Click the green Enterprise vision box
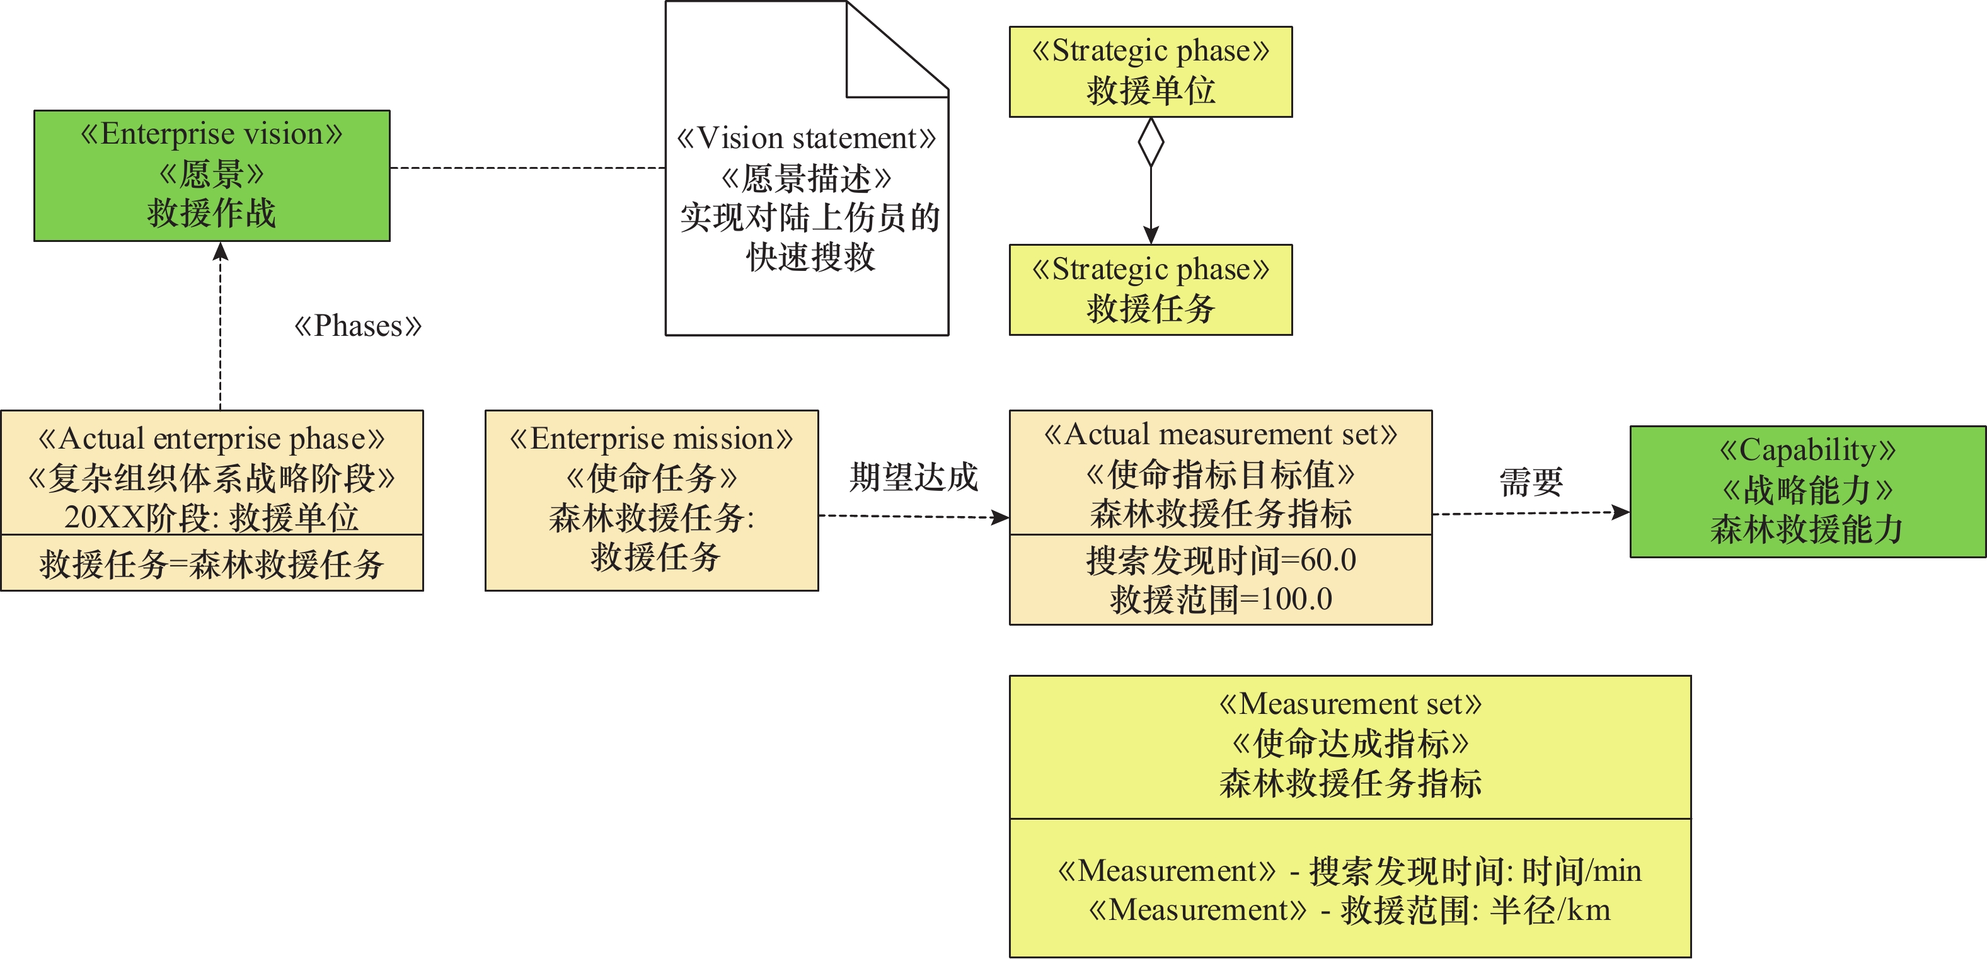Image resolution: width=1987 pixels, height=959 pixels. (212, 175)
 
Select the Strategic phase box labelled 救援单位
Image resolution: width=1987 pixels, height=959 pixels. (1150, 72)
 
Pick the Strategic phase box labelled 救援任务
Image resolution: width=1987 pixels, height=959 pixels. (1150, 290)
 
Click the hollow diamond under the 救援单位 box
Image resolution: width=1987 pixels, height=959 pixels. (1151, 142)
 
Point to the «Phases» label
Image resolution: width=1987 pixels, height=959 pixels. (358, 326)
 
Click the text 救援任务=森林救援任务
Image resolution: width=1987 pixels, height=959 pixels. (212, 564)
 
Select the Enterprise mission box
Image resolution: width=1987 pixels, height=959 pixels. (652, 500)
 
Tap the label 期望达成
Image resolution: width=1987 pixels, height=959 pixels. (913, 478)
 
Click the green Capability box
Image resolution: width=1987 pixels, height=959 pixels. (1807, 491)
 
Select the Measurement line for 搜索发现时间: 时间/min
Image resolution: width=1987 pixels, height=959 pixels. (1350, 871)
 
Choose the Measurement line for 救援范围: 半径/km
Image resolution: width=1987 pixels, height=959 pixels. (1350, 910)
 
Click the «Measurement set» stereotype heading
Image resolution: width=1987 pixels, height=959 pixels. (1350, 704)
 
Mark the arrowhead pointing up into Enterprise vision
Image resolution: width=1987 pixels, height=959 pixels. (221, 251)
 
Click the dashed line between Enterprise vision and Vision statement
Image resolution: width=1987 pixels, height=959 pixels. (527, 168)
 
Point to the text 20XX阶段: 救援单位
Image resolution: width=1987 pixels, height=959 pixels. (212, 517)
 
